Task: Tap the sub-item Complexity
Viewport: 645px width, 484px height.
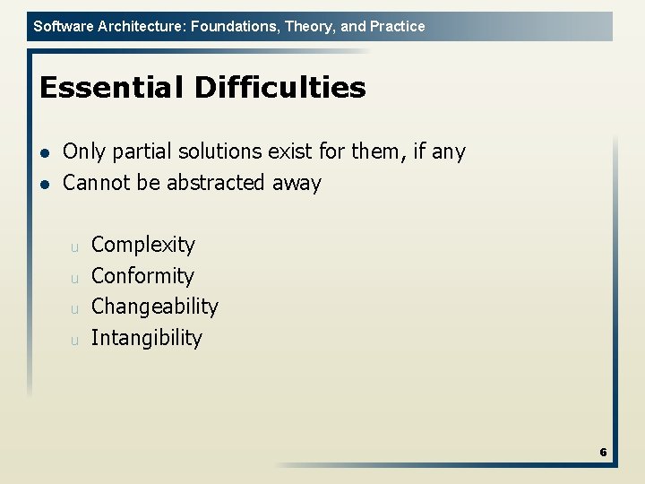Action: click(143, 245)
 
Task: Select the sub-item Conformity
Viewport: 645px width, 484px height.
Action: click(142, 276)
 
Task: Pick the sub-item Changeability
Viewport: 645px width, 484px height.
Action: click(155, 307)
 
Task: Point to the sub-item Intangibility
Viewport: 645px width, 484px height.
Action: click(147, 338)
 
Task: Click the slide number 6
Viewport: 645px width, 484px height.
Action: click(603, 453)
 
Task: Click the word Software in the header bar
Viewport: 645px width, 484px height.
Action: click(61, 27)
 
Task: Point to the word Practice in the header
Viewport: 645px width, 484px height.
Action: click(397, 27)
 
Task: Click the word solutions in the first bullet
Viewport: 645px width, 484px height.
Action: click(221, 152)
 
